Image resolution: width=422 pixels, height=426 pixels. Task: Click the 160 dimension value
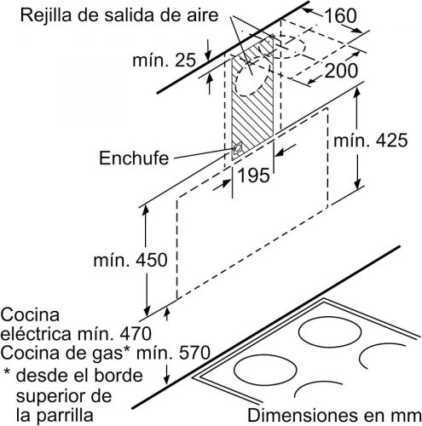340,15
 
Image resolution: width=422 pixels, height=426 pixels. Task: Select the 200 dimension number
341,71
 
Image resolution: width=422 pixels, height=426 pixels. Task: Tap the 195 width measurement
253,176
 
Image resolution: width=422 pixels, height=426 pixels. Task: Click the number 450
151,260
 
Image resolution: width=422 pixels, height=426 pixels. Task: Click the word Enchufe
134,158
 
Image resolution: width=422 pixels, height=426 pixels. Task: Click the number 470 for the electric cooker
135,333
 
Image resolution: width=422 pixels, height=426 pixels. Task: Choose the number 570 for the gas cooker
194,353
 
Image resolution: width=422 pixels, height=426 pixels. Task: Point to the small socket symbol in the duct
237,148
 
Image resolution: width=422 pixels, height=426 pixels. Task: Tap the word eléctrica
36,333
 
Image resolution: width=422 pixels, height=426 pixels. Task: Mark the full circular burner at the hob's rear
330,331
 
